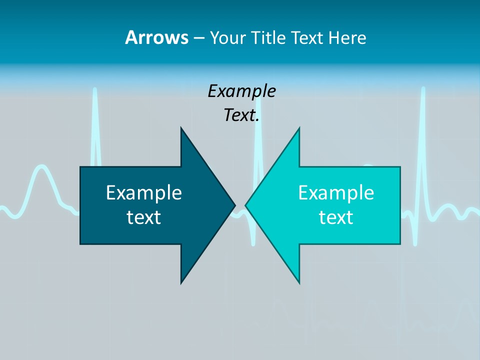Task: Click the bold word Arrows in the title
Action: click(156, 37)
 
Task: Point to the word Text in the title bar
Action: click(308, 38)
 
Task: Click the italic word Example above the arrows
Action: click(241, 91)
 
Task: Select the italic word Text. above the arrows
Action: click(241, 115)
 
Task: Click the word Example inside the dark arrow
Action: click(144, 192)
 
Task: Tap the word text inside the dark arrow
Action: click(144, 217)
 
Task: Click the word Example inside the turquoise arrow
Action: click(336, 192)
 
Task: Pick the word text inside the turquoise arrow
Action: click(336, 217)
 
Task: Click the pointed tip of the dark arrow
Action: click(234, 205)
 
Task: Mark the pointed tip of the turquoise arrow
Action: click(246, 205)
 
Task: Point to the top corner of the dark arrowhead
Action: click(181, 128)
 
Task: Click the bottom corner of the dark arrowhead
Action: click(181, 282)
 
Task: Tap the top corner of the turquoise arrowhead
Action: click(299, 128)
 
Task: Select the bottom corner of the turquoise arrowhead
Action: click(299, 282)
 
